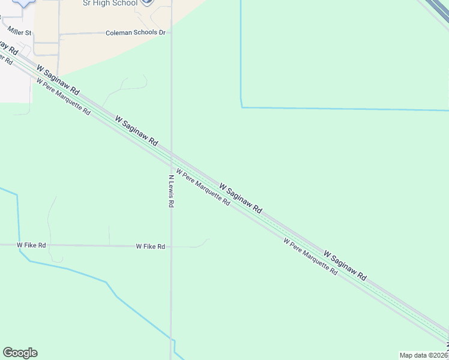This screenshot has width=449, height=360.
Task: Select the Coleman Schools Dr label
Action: point(135,32)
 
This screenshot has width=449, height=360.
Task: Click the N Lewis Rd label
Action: point(171,191)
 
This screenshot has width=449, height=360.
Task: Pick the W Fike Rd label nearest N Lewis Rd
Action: point(150,247)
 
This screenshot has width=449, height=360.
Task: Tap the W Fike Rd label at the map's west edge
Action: point(31,245)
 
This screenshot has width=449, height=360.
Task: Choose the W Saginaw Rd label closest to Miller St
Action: point(58,80)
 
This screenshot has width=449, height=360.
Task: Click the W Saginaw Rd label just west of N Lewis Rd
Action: point(136,132)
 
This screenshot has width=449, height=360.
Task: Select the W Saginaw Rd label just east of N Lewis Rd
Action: point(240,199)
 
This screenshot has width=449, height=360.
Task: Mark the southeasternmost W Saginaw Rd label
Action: point(345,266)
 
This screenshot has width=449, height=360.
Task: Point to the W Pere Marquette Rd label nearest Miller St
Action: point(63,97)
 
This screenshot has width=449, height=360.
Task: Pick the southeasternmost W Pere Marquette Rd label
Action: point(310,256)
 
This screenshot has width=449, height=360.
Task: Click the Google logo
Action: point(20,353)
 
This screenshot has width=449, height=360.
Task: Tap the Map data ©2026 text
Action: point(424,355)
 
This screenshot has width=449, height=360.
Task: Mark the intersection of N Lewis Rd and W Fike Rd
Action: point(171,246)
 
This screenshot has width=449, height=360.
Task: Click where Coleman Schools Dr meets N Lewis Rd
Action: point(171,33)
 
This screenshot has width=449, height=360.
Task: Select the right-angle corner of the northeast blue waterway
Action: point(241,107)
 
